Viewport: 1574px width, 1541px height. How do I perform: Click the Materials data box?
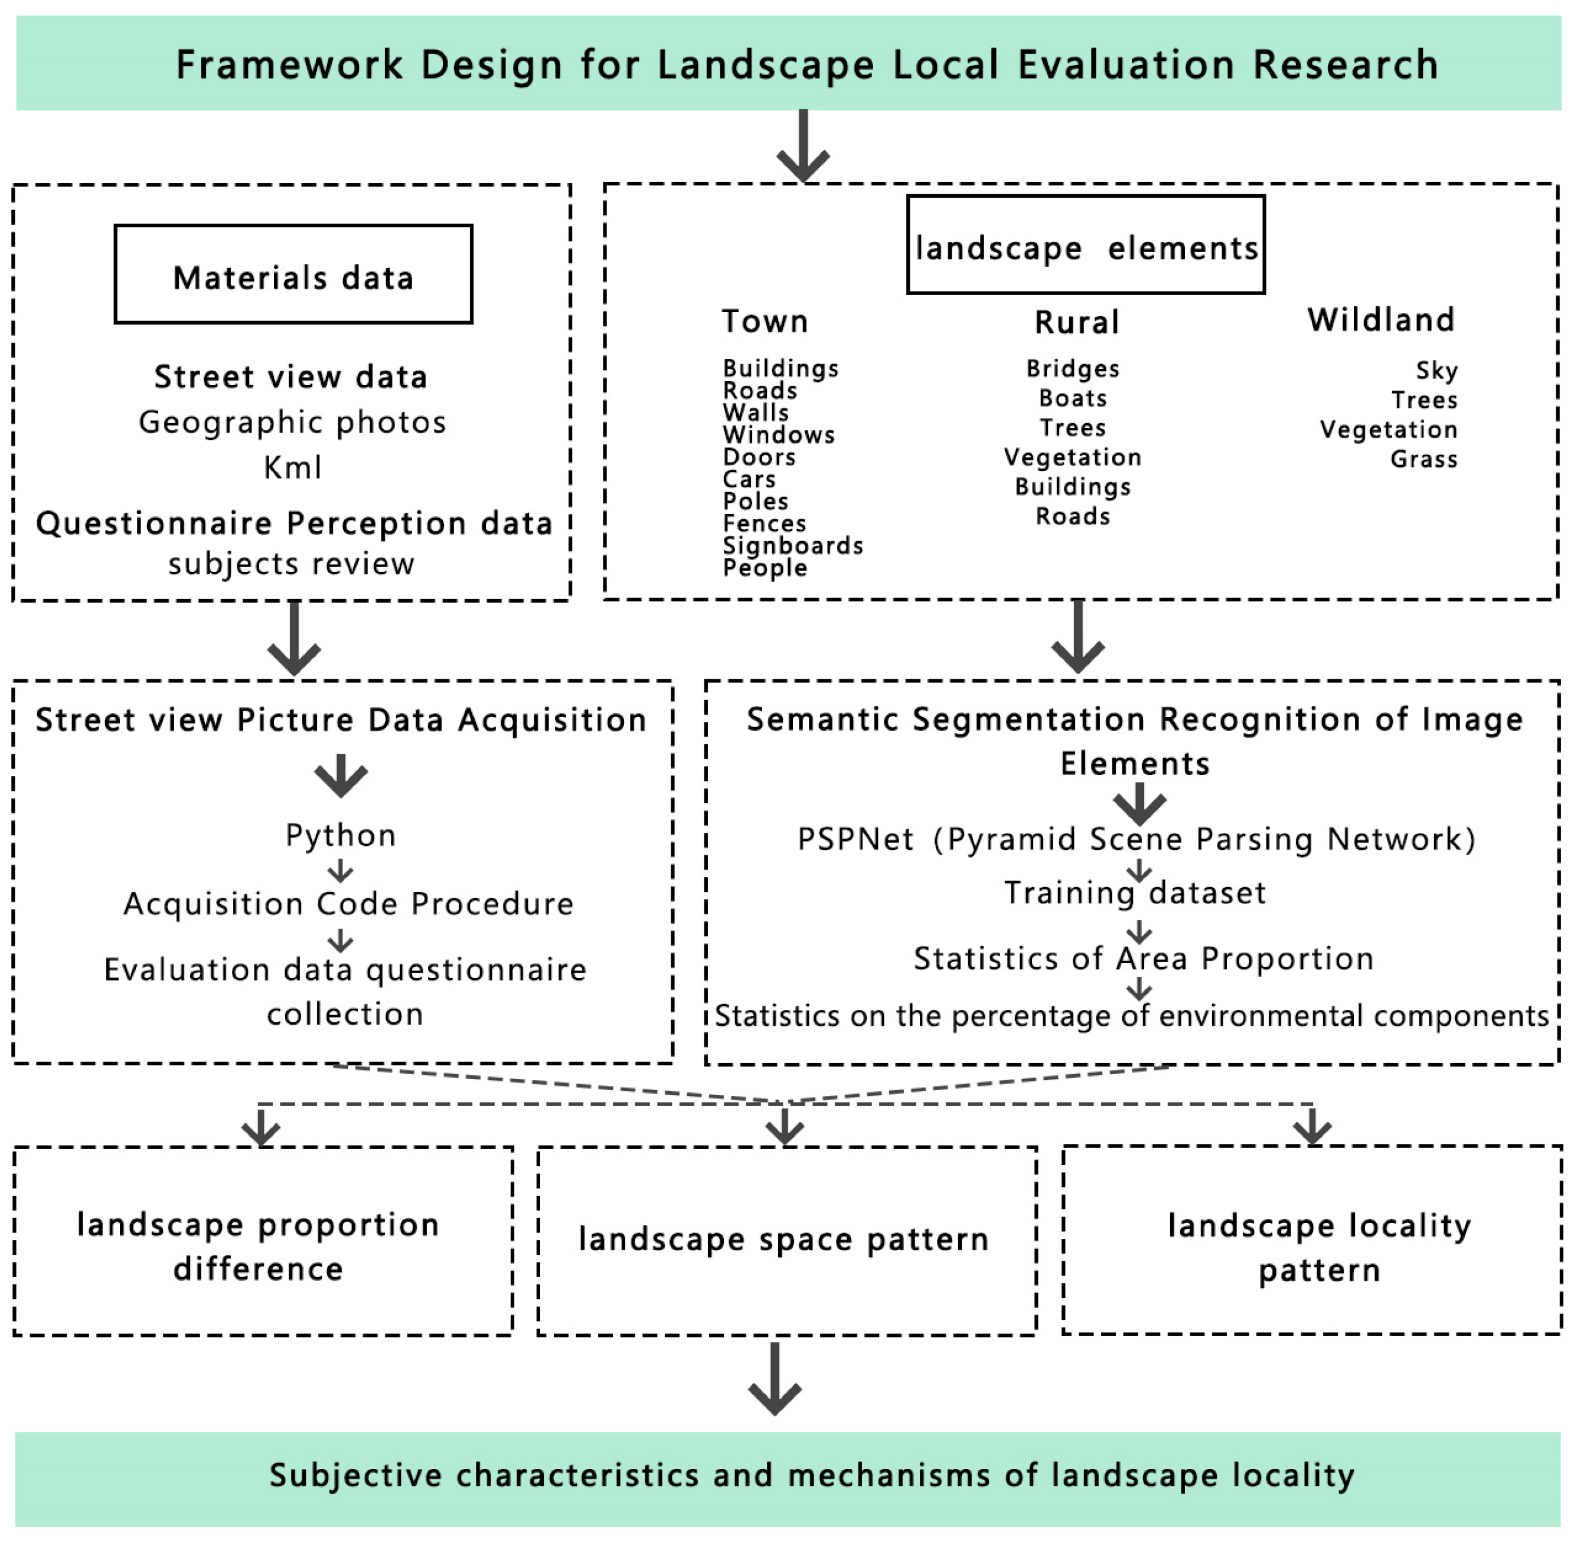pos(293,274)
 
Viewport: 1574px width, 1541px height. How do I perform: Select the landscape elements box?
pos(1085,244)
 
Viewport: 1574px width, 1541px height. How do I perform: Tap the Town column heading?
pos(765,321)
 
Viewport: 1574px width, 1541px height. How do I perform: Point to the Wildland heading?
pos(1380,320)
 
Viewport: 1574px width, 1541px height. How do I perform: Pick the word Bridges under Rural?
pos(1073,369)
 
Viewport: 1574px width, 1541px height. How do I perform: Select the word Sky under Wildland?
pos(1436,371)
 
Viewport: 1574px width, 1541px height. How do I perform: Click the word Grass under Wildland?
pos(1423,459)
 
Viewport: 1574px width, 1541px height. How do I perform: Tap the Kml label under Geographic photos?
pos(292,467)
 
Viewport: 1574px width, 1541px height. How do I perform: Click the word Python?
pos(341,835)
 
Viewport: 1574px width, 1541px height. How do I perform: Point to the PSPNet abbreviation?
pos(855,839)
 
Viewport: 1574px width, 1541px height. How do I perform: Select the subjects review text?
pos(292,563)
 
